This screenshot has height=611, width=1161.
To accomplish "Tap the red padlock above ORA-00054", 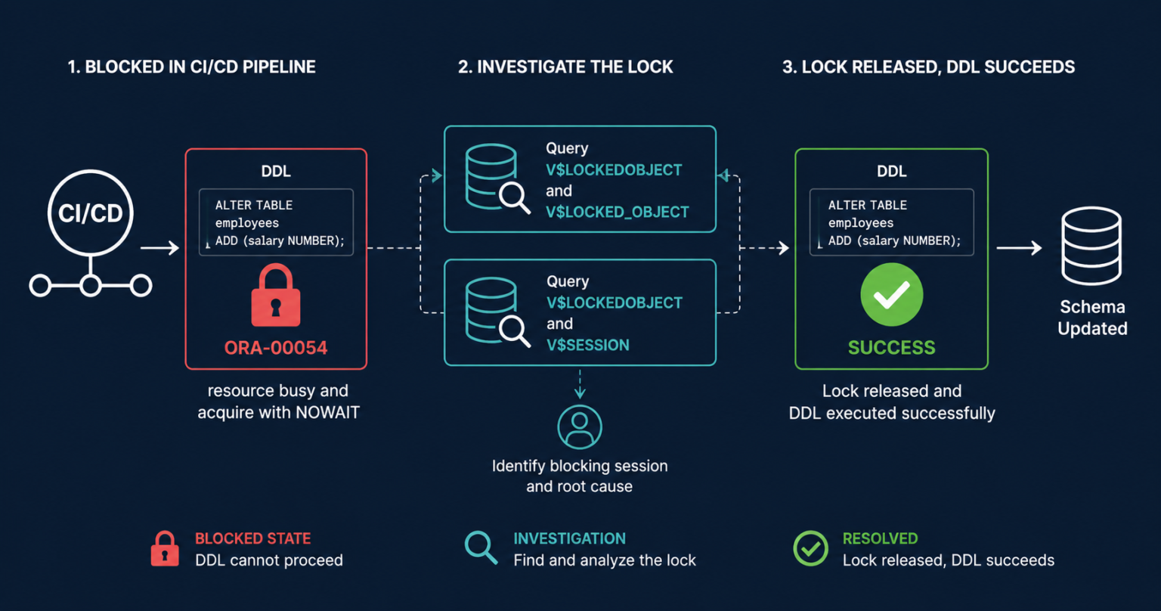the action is (276, 295).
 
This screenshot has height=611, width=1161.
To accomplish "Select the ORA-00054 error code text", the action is (276, 348).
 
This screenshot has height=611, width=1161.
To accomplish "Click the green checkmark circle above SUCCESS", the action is (891, 295).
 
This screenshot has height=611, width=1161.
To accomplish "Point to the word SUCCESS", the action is (891, 348).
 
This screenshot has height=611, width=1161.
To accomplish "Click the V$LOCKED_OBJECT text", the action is (618, 212).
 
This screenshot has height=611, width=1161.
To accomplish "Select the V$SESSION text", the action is (588, 345).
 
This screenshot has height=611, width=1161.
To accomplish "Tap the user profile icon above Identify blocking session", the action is (580, 427).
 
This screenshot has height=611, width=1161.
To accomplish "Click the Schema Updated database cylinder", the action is (1091, 246).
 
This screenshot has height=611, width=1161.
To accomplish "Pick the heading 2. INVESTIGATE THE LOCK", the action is (565, 67).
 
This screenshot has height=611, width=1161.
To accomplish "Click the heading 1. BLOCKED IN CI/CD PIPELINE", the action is (192, 67).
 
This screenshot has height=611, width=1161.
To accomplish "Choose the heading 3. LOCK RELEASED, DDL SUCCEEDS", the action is (928, 67).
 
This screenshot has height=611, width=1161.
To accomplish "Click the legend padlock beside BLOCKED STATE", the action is (165, 548).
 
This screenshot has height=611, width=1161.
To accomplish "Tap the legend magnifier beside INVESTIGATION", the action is (481, 547).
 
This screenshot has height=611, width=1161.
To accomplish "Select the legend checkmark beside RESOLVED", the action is (810, 548).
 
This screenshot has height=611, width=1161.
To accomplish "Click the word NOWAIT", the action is (327, 412).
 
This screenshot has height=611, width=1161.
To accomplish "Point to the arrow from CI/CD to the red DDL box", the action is (159, 248).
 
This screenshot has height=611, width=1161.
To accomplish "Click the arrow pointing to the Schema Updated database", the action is (1020, 248).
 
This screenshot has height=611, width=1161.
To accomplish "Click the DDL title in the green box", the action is (891, 171).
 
